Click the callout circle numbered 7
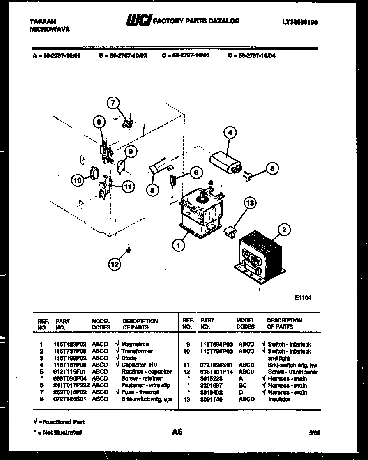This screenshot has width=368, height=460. tap(113, 103)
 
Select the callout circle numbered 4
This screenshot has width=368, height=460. tap(230, 132)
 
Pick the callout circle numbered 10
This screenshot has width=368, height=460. tap(77, 179)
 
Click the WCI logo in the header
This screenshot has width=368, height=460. tap(139, 20)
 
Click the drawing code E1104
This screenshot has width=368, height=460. tap(303, 298)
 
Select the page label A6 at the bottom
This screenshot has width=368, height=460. tap(177, 432)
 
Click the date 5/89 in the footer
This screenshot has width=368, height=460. tap(314, 432)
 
